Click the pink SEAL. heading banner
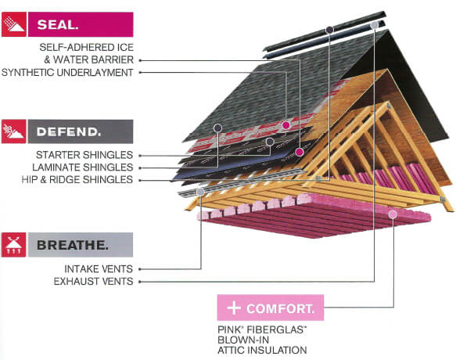tap(81, 24)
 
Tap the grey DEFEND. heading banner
tap(81, 131)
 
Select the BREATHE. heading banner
tap(81, 245)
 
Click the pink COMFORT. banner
tap(271, 308)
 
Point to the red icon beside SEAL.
tap(14, 24)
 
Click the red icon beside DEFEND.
tap(14, 131)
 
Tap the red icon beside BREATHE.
tap(14, 245)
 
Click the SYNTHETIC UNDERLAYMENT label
tap(67, 73)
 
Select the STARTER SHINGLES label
tap(84, 155)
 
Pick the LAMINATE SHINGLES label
tap(83, 167)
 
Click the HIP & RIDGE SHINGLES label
tap(77, 179)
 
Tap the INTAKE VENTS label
tap(99, 269)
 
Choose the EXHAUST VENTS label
tap(93, 282)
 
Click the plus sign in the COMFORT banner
tap(234, 308)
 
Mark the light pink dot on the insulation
tap(393, 214)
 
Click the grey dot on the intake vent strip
tap(200, 192)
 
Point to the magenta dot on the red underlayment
tap(286, 125)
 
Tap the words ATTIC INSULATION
tap(262, 350)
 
